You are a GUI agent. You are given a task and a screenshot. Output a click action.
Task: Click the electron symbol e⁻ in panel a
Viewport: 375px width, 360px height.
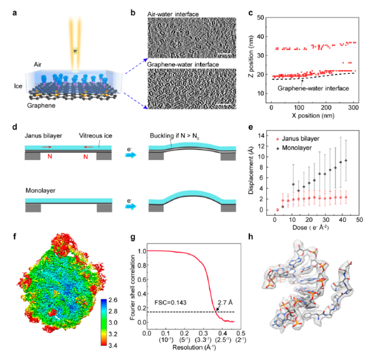76,51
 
